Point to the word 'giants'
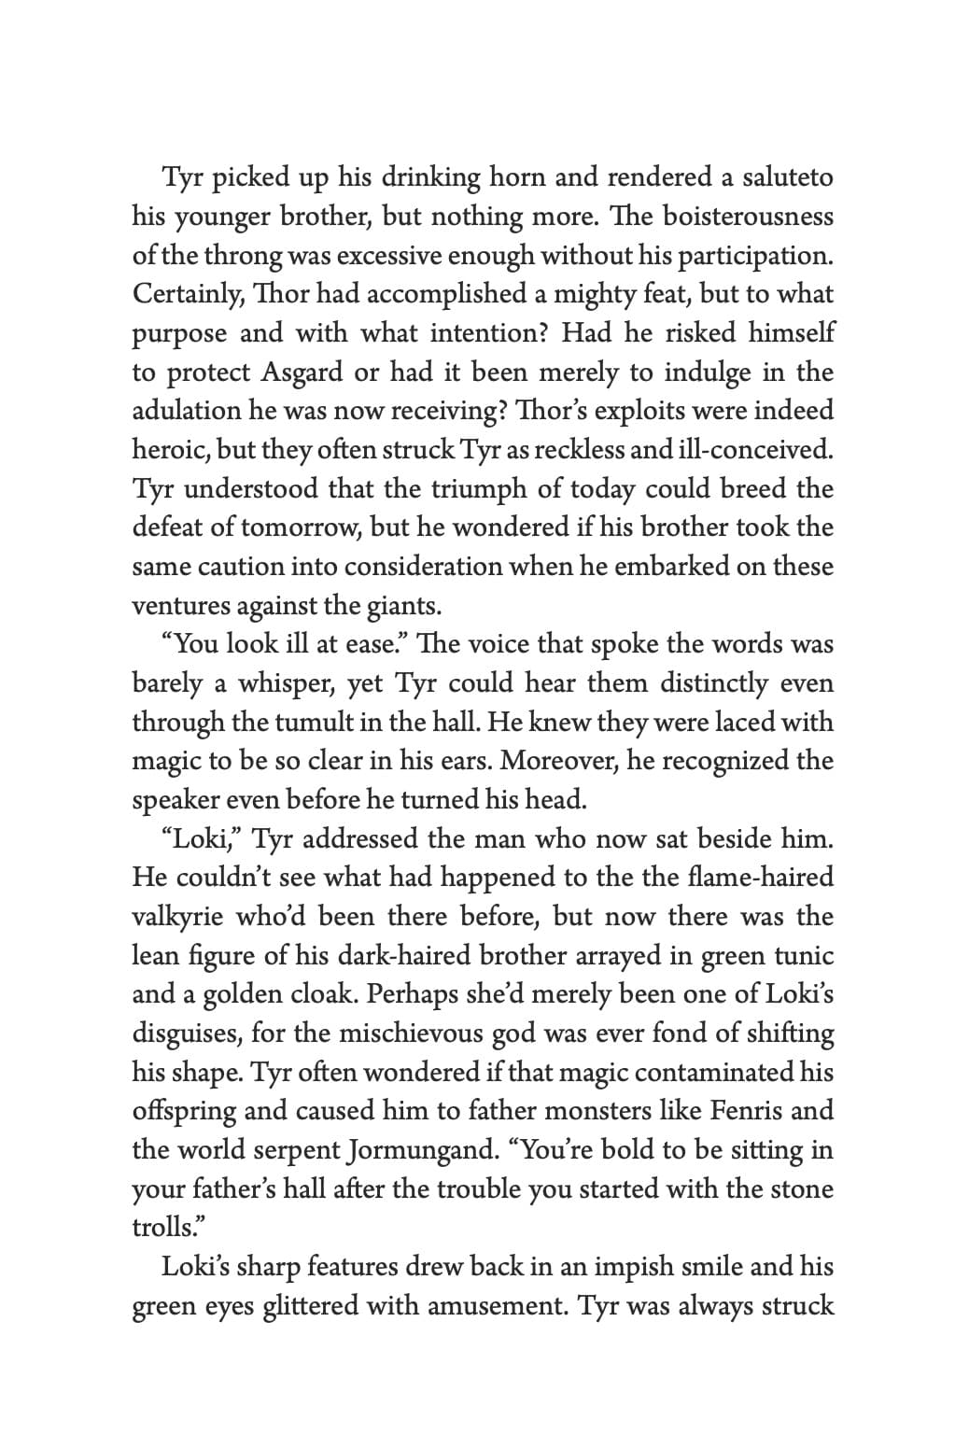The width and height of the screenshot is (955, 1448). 402,606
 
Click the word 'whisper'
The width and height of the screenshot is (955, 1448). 286,683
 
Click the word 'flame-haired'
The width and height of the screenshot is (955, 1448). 759,878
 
